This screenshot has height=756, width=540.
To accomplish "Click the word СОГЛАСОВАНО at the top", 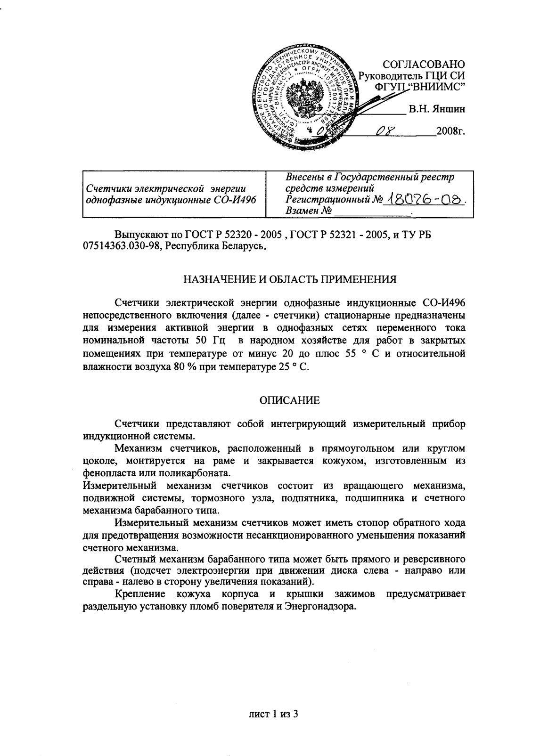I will [x=423, y=64].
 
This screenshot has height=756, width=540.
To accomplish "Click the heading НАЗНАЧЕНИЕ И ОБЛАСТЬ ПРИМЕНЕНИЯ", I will [x=289, y=279].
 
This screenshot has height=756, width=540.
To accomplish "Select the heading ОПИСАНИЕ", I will [x=290, y=401].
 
